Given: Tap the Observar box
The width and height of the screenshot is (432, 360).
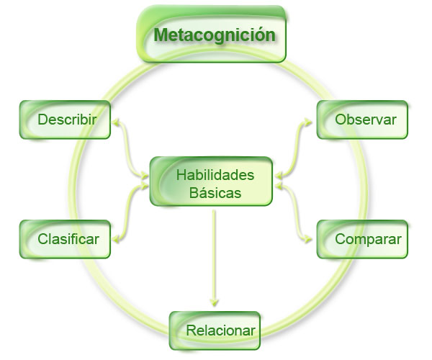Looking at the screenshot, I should pyautogui.click(x=362, y=120).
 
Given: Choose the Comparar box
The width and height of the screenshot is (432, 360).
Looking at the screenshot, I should pyautogui.click(x=362, y=238).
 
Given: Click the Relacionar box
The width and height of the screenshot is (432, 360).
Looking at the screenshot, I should pyautogui.click(x=215, y=331).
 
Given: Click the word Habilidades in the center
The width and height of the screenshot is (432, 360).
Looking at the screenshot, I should pyautogui.click(x=215, y=174).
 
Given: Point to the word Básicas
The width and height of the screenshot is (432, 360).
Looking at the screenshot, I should pyautogui.click(x=215, y=192).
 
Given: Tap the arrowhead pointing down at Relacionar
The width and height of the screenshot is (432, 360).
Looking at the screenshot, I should pyautogui.click(x=214, y=303).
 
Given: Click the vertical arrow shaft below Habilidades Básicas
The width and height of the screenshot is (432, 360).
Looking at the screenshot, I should pyautogui.click(x=214, y=252).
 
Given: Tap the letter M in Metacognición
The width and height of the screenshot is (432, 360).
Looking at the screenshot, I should pyautogui.click(x=161, y=35).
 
